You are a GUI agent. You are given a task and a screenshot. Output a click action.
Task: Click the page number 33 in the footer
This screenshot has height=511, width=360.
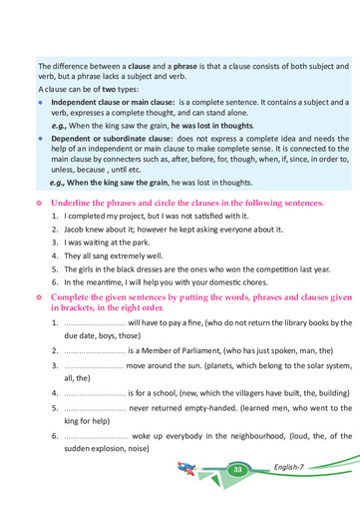pos(238,469)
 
